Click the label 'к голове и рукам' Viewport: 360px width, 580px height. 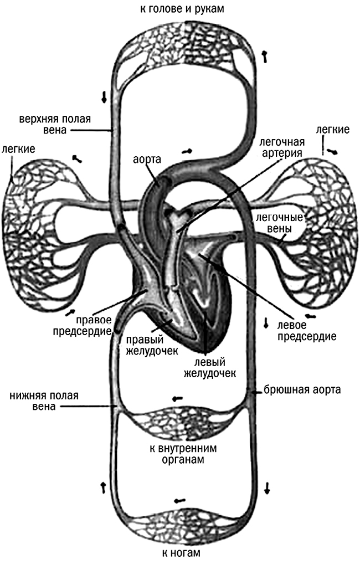point(180,9)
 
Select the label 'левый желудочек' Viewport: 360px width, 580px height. point(210,367)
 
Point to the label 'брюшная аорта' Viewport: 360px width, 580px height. point(302,389)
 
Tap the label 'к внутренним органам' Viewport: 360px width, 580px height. point(181,454)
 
